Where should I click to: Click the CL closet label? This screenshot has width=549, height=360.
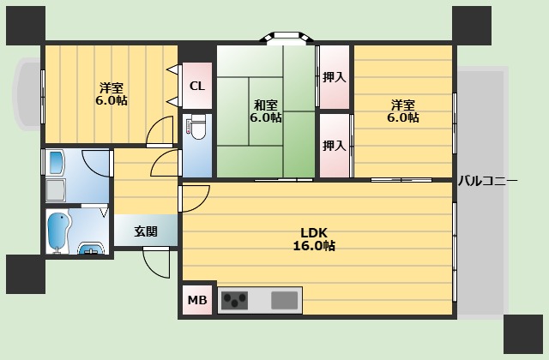[197, 86]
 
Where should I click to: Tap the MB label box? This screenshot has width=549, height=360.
[197, 301]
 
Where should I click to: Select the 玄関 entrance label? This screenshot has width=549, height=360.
[146, 231]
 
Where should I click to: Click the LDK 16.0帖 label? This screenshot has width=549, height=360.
[317, 239]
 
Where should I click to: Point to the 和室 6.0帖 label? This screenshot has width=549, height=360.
[266, 111]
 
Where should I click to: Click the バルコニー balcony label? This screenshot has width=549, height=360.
[487, 181]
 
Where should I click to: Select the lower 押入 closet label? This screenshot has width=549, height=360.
[335, 146]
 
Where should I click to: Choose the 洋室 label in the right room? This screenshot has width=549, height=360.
[404, 111]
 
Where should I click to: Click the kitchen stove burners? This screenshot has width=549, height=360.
[234, 301]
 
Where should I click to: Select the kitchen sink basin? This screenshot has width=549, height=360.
[284, 301]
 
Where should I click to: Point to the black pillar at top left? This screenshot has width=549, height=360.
[25, 25]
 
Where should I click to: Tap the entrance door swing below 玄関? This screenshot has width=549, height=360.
[155, 261]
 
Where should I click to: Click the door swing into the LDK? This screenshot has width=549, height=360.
[193, 198]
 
